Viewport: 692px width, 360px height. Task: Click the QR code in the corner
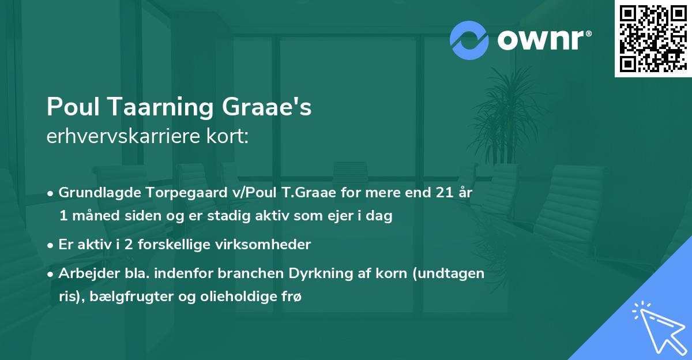(x=653, y=39)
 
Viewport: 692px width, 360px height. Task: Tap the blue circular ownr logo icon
(x=469, y=39)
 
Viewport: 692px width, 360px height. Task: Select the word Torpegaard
(x=170, y=193)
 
